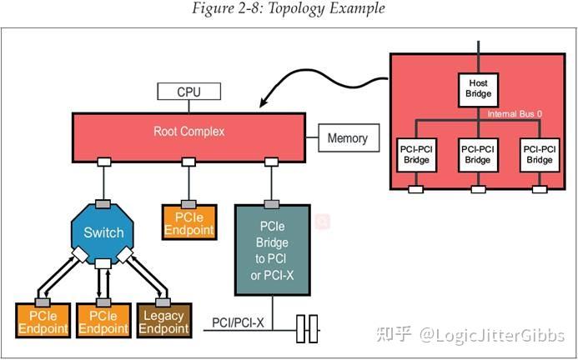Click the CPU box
(x=188, y=92)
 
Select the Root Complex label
(x=189, y=132)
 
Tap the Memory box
(x=347, y=138)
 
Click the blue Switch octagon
(x=104, y=232)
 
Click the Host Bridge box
(x=477, y=88)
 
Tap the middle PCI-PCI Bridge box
(x=478, y=154)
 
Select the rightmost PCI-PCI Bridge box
(x=538, y=154)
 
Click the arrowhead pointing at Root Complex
(x=264, y=104)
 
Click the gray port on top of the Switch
(x=104, y=204)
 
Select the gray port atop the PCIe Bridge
(x=271, y=203)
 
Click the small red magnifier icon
(x=323, y=222)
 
